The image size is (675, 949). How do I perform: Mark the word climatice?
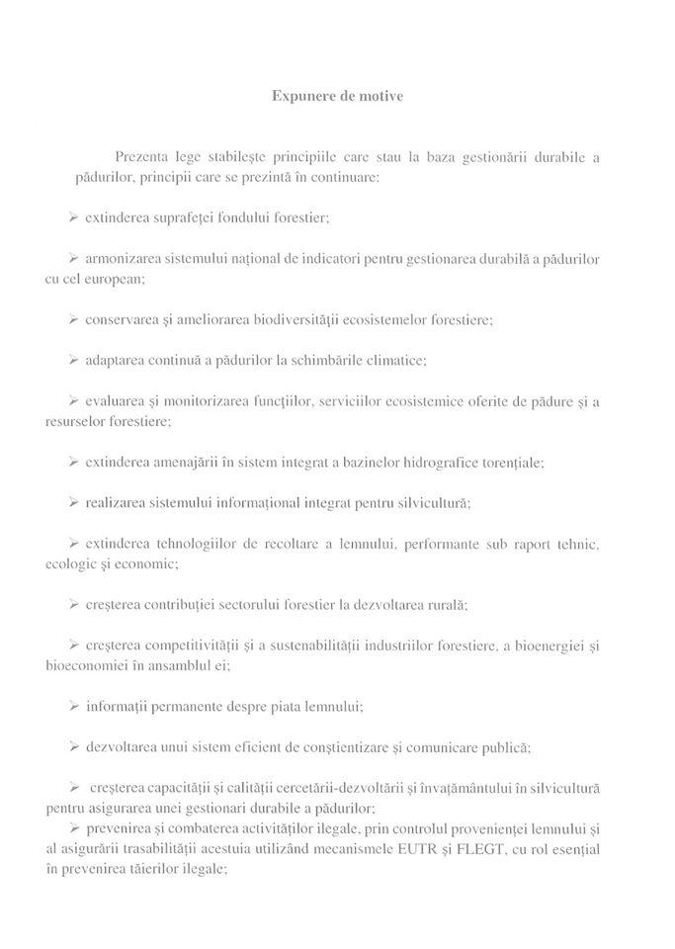[395, 361]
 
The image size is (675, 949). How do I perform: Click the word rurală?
[445, 604]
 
